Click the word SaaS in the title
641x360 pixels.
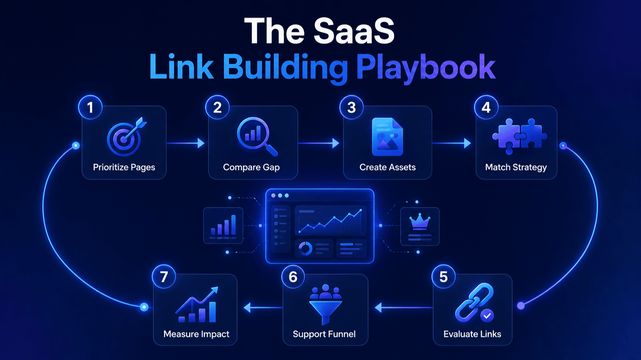[354, 31]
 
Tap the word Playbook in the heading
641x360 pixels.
[426, 68]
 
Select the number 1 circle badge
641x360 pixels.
[90, 107]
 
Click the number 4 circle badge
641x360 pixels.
[486, 107]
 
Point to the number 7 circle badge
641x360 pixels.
[164, 277]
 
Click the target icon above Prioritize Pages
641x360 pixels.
[126, 136]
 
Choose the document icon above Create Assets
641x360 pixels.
[388, 137]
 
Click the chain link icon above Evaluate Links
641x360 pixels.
[474, 302]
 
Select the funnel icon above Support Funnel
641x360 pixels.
[325, 304]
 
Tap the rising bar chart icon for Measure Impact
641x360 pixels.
[197, 304]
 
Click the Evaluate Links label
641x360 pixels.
[472, 334]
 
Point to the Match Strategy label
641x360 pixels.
[516, 167]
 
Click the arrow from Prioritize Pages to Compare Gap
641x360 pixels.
[186, 143]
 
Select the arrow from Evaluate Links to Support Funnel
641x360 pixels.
[404, 307]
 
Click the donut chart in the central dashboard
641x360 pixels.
[305, 248]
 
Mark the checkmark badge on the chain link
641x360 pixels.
[487, 316]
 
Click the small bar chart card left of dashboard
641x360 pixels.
[223, 225]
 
